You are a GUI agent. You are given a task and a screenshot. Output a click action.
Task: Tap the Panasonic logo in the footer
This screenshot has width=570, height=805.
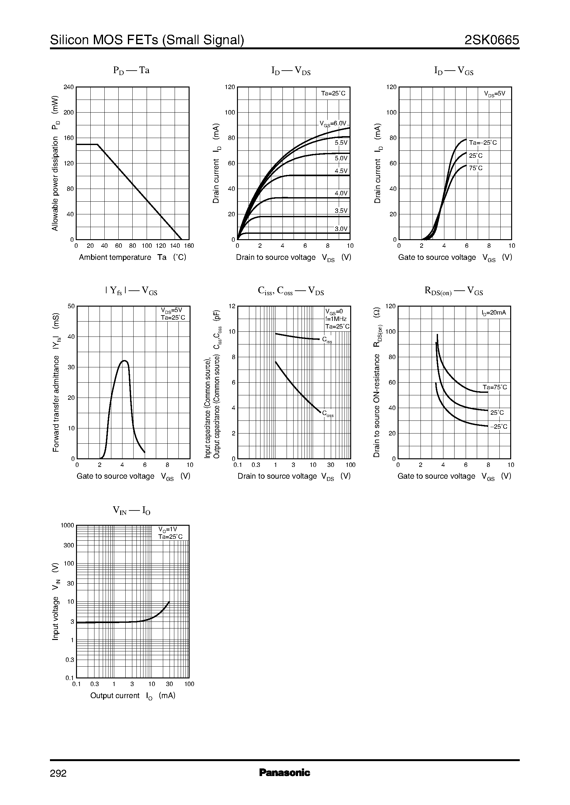click(x=284, y=772)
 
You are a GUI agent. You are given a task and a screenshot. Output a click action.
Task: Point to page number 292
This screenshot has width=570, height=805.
click(x=58, y=773)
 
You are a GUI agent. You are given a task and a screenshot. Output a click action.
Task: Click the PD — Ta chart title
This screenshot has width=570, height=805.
click(x=131, y=71)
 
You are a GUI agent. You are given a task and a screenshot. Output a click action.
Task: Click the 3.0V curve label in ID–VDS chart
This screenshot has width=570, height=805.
click(x=341, y=229)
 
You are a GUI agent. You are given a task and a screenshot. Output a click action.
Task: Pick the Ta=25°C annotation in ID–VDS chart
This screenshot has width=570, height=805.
click(x=333, y=93)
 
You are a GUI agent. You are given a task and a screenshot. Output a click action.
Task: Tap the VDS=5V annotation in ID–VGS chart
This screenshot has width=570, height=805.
click(x=494, y=94)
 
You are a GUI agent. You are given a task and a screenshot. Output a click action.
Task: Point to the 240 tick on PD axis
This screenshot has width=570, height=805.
click(x=68, y=87)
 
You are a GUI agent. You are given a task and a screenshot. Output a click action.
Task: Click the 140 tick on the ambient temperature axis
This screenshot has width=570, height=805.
click(x=175, y=246)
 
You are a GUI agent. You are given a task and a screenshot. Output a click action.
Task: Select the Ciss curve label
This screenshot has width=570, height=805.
click(x=327, y=340)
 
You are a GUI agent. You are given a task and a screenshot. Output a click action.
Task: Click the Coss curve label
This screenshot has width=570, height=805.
click(x=328, y=414)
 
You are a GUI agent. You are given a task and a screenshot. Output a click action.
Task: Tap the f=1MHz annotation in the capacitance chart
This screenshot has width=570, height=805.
click(x=336, y=319)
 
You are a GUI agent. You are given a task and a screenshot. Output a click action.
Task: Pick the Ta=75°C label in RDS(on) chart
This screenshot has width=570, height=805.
click(x=495, y=387)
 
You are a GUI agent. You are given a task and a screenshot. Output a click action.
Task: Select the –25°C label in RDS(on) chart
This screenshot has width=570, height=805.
click(x=498, y=427)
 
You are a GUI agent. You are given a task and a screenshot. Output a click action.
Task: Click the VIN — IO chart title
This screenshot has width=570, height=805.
click(x=131, y=510)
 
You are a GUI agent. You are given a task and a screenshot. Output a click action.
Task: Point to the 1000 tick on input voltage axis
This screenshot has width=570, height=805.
click(x=67, y=525)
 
